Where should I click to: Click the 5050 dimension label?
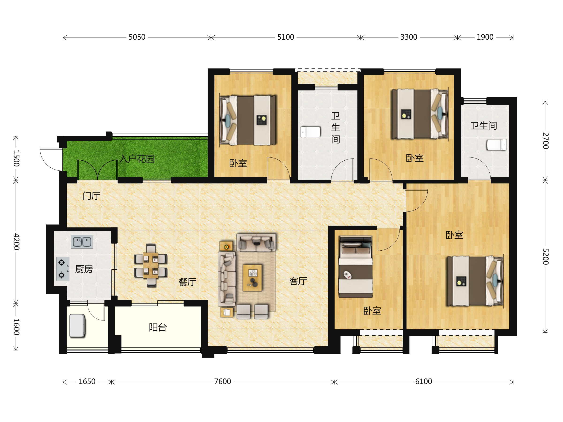137,37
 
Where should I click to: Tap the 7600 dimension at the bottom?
222,381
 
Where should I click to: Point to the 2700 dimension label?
545,141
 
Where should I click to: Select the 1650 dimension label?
87,381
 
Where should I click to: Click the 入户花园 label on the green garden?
137,159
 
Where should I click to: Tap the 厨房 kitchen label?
84,269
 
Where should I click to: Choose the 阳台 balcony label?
158,327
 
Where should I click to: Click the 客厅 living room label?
298,281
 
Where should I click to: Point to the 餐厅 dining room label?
187,282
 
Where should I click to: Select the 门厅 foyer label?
92,196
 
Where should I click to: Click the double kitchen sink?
82,242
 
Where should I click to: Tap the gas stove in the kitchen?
63,269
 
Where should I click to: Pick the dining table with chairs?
151,266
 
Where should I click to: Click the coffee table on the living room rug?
252,278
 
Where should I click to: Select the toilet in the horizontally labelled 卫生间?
497,145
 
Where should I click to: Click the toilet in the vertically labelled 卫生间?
310,132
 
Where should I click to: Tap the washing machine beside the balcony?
77,326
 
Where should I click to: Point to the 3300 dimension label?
409,37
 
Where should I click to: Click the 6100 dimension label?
423,381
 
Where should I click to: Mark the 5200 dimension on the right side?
545,257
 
